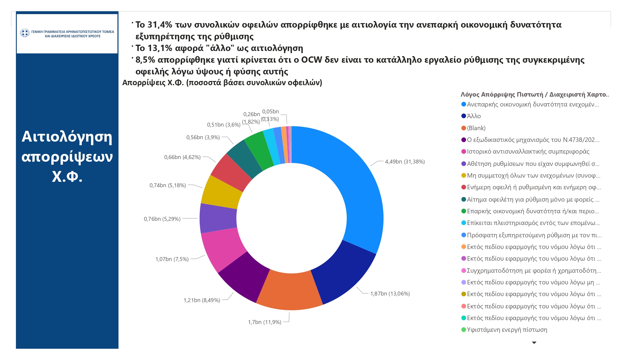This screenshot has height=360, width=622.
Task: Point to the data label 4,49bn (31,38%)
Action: pyautogui.click(x=405, y=162)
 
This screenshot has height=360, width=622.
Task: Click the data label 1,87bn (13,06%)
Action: pyautogui.click(x=390, y=294)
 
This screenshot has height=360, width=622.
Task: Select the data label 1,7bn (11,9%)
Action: pyautogui.click(x=264, y=322)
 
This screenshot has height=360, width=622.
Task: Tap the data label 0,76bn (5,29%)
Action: pyautogui.click(x=162, y=219)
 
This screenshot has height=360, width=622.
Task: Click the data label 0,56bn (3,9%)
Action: pyautogui.click(x=203, y=137)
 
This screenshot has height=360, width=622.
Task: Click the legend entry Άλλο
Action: pyautogui.click(x=474, y=116)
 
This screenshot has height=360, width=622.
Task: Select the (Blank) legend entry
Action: pyautogui.click(x=476, y=128)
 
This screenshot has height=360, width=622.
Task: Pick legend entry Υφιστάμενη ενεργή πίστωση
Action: pyautogui.click(x=507, y=330)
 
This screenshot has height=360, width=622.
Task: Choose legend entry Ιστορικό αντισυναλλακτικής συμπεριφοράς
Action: pyautogui.click(x=528, y=151)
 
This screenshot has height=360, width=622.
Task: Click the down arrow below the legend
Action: pyautogui.click(x=534, y=343)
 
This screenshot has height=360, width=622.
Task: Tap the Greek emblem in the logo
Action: pyautogui.click(x=25, y=33)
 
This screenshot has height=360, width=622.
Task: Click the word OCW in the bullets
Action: pyautogui.click(x=311, y=60)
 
